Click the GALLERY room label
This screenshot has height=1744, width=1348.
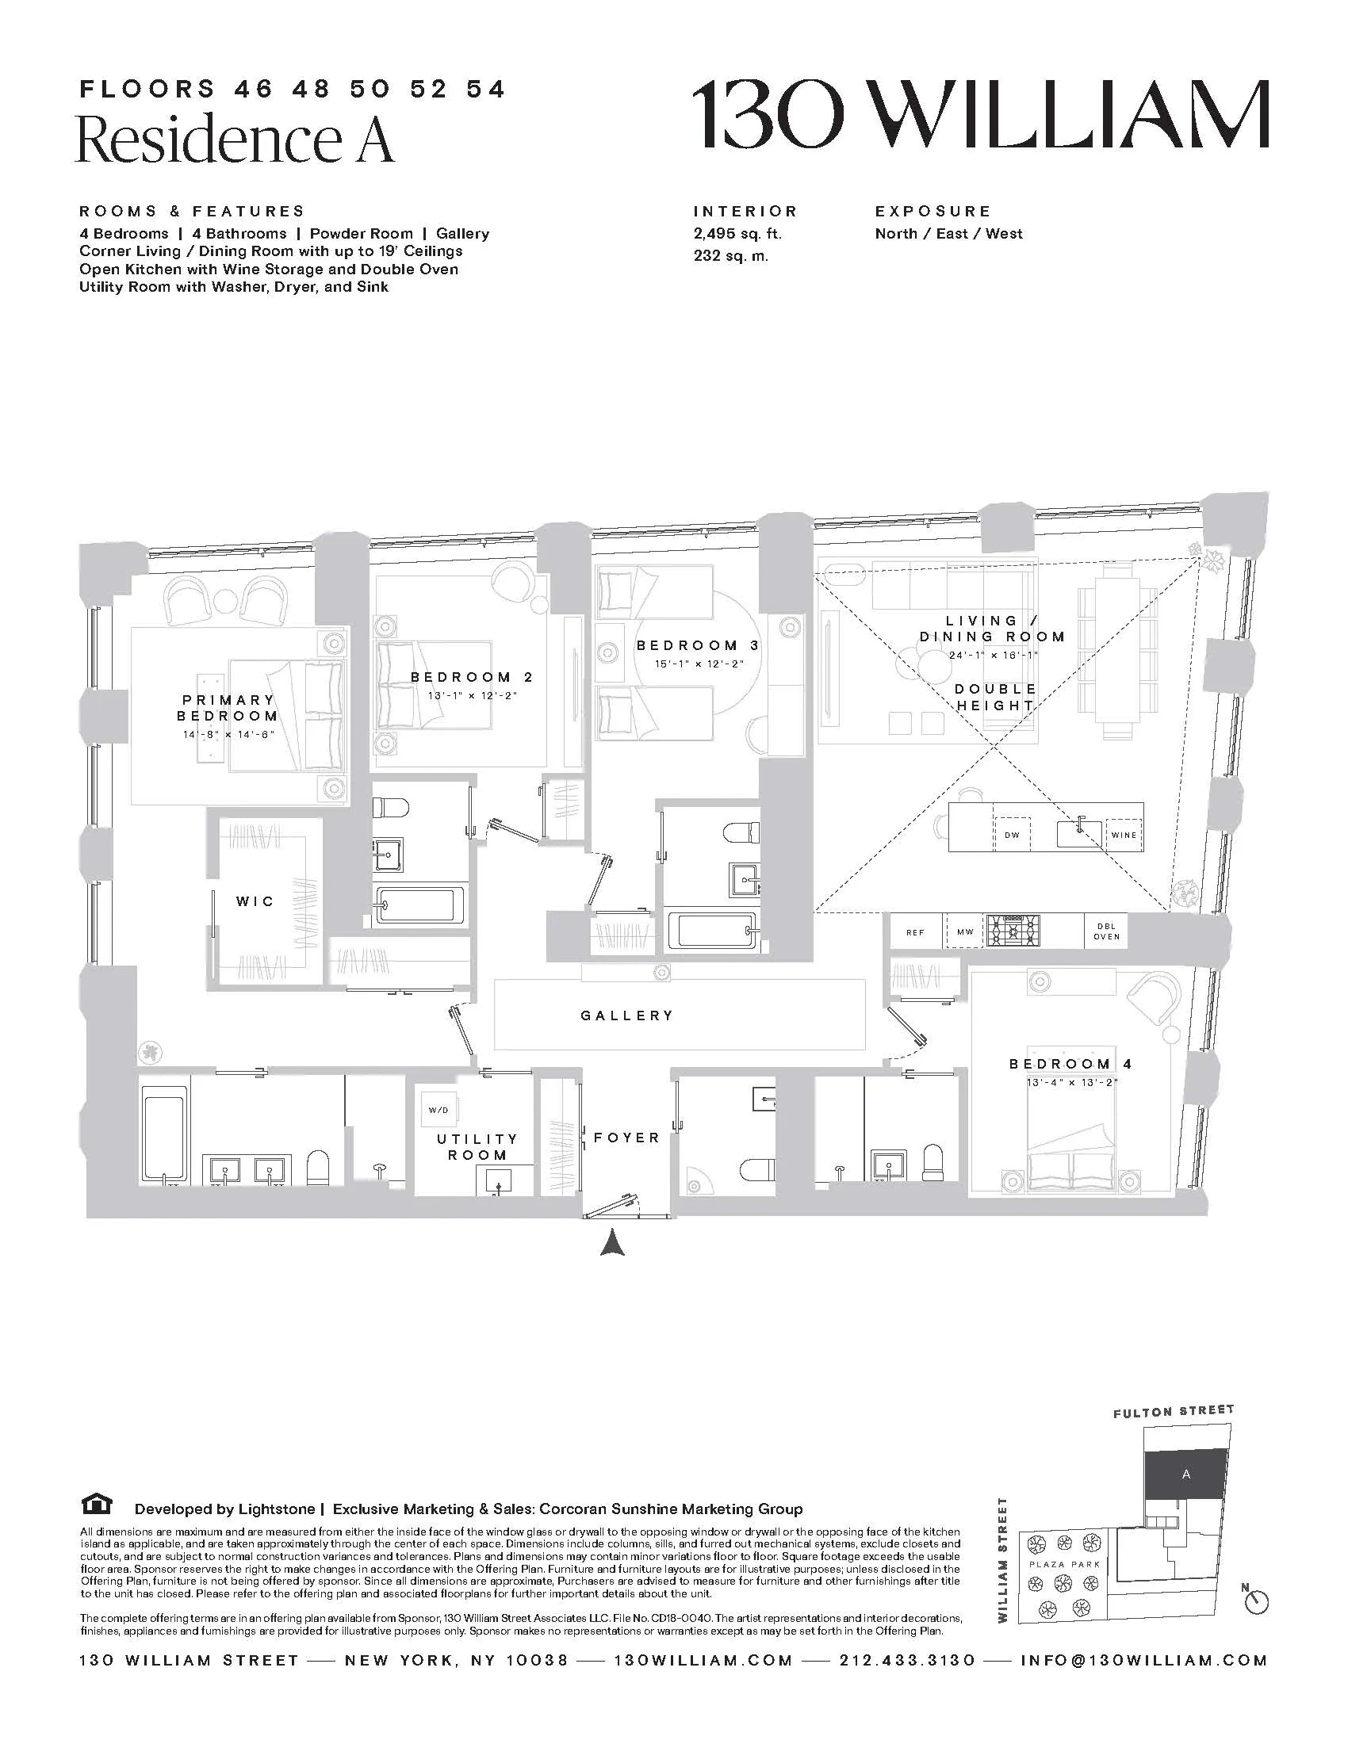[x=627, y=1015]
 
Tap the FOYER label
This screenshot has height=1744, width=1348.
[x=626, y=1137]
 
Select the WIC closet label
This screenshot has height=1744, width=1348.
[x=255, y=901]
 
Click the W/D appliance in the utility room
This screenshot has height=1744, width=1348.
[x=438, y=1111]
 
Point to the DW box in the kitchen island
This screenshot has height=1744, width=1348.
[x=1012, y=836]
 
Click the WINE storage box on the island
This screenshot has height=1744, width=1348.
[x=1124, y=836]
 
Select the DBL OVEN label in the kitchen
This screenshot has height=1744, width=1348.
[x=1107, y=932]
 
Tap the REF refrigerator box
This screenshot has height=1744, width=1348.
[x=915, y=933]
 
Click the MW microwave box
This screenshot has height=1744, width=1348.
[x=965, y=933]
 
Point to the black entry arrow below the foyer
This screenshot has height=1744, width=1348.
[x=611, y=1243]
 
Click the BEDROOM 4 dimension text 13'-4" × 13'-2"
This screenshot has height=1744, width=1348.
[x=1071, y=1083]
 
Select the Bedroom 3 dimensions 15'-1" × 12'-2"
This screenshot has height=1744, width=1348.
[x=697, y=664]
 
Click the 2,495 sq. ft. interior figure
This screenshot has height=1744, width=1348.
[x=737, y=234]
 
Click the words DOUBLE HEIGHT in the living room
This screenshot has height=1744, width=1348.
[x=995, y=697]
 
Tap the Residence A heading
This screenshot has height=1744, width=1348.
[x=235, y=139]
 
